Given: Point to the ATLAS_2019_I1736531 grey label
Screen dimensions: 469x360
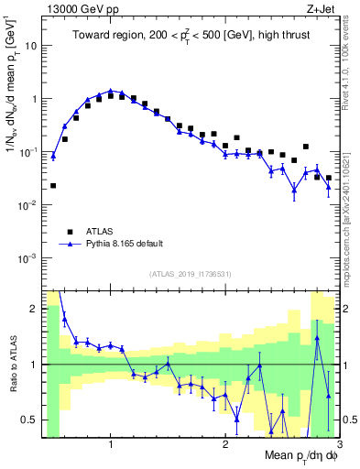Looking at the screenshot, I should coord(191,274).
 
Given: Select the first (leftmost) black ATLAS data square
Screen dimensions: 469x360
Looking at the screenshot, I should coord(53,186).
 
